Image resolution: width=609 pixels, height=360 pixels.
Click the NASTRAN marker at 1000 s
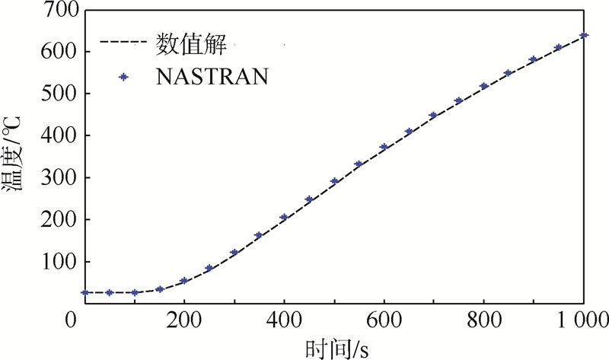[x=584, y=36]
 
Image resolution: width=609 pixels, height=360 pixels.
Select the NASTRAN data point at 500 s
[x=334, y=181]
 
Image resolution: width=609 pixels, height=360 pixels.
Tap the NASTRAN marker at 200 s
[x=184, y=281]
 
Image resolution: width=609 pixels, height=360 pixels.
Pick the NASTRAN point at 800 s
[x=484, y=86]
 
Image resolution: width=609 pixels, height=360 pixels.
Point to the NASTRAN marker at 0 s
[x=84, y=292]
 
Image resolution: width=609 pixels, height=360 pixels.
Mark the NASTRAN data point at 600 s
[x=384, y=147]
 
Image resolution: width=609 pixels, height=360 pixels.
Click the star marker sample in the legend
[x=123, y=76]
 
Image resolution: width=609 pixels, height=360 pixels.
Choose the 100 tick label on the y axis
[x=53, y=262]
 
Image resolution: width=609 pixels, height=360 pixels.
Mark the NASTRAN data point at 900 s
[x=534, y=59]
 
